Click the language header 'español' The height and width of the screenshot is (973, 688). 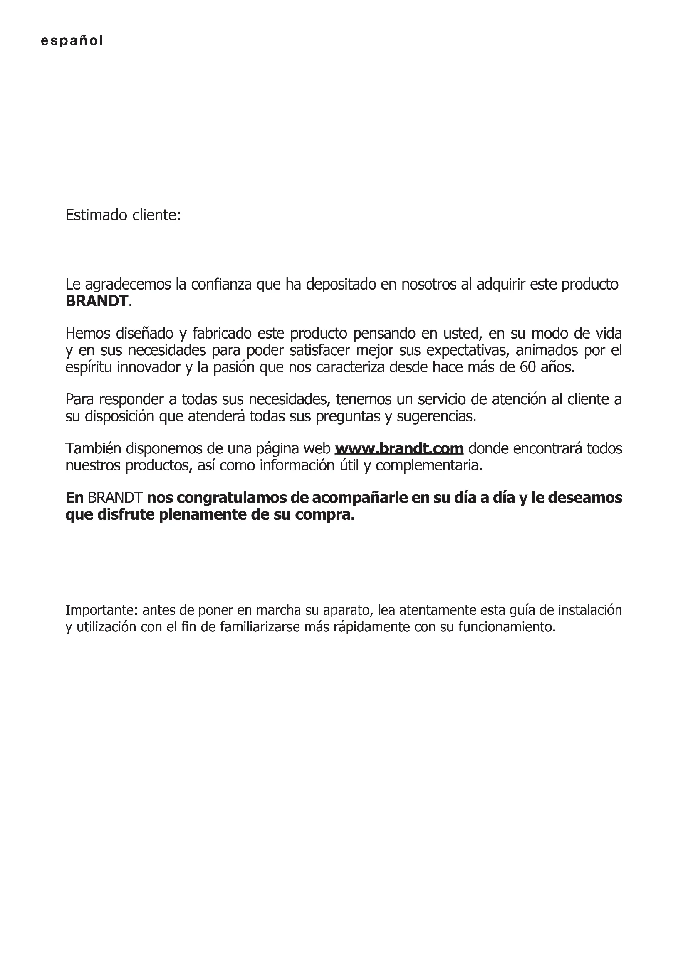72,41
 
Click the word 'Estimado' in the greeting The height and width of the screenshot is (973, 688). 96,215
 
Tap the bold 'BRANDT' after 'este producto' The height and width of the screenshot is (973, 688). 97,301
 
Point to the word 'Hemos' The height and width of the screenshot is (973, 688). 87,334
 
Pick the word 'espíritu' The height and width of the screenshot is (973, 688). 88,367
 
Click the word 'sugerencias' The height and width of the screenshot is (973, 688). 436,416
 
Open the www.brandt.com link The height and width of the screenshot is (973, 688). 399,448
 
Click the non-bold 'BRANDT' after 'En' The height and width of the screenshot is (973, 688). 115,498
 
